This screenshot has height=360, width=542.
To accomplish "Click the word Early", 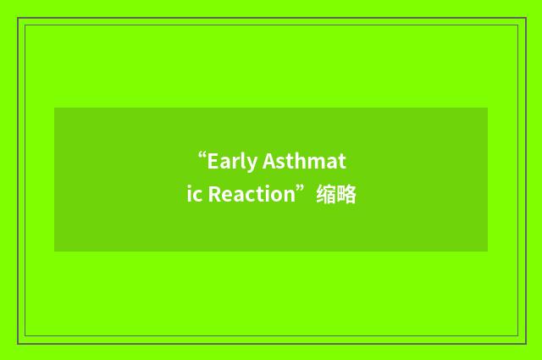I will click(x=233, y=161).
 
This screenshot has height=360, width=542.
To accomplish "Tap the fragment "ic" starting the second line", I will click(x=193, y=195).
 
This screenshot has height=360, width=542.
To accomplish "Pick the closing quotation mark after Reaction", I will click(x=301, y=189).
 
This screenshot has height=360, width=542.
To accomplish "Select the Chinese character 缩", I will click(x=325, y=195).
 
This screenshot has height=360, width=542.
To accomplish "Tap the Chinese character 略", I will click(x=346, y=195).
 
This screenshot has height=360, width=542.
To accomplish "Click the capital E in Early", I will click(x=213, y=161).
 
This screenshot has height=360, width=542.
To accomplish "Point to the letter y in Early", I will click(x=252, y=163).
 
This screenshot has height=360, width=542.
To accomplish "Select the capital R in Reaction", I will click(x=215, y=195).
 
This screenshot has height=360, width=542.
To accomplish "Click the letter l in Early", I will click(x=243, y=161).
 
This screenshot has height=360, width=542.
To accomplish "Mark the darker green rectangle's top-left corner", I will click(x=55, y=108).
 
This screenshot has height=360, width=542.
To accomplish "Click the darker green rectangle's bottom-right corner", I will click(x=487, y=251).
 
